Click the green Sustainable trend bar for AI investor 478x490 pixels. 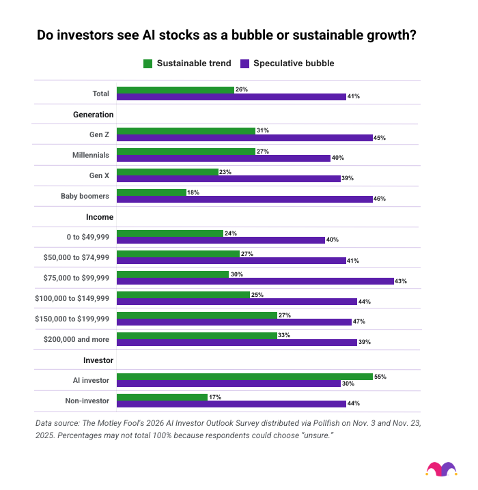point(244,377)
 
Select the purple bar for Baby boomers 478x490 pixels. point(244,199)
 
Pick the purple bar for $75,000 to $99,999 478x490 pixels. point(255,281)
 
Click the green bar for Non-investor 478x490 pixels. point(162,397)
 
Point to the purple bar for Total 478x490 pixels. point(231,97)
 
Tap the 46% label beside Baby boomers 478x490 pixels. point(380,199)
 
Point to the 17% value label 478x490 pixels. point(214,397)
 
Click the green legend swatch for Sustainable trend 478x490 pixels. point(148,63)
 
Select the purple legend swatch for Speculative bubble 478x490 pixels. point(245,63)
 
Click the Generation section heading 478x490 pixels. point(93,114)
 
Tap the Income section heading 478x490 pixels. point(100,217)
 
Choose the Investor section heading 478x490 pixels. point(98,360)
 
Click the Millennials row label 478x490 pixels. point(90,155)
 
